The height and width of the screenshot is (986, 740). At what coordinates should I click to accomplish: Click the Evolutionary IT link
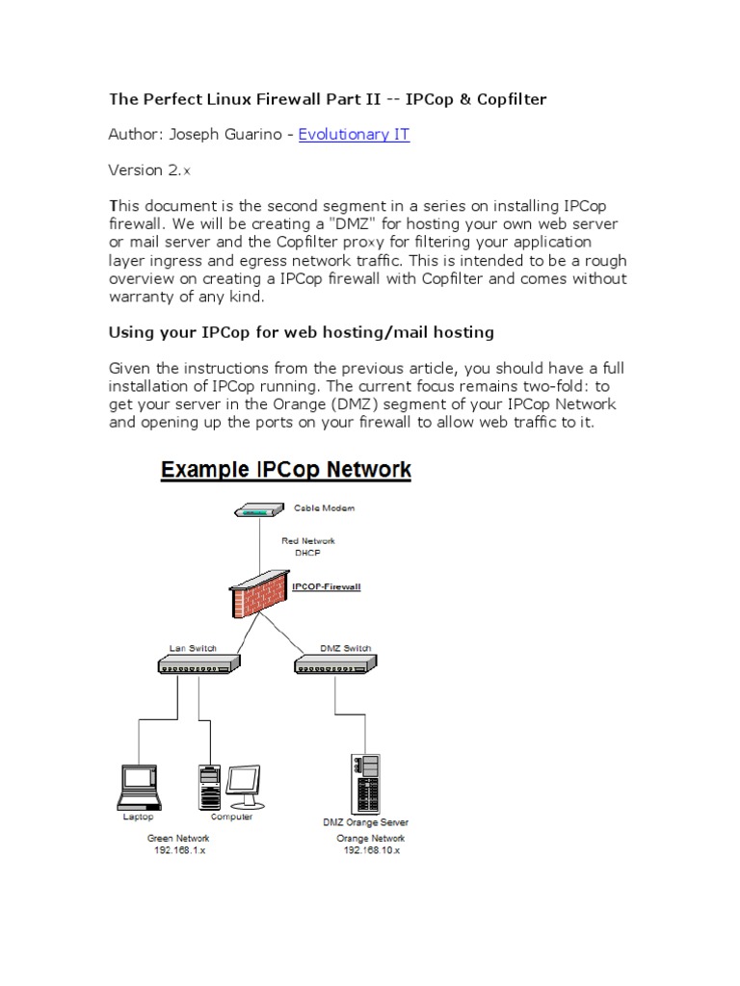coord(354,135)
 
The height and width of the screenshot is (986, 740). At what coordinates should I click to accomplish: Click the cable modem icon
coord(258,510)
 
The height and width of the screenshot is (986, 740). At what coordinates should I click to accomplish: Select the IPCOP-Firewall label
coord(326,585)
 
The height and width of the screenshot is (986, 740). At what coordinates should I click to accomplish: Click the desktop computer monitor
coord(243,784)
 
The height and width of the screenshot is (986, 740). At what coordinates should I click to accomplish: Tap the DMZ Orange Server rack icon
coord(365,782)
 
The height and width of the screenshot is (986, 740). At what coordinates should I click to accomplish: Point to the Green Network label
coord(179,839)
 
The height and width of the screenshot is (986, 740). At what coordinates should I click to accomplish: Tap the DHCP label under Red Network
coord(307,554)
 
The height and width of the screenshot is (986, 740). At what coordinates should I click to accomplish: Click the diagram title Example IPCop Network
coord(285,471)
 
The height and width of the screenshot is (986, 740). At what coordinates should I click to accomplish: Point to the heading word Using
coord(134,332)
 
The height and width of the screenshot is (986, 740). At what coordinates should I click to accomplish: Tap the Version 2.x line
coord(149,170)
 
